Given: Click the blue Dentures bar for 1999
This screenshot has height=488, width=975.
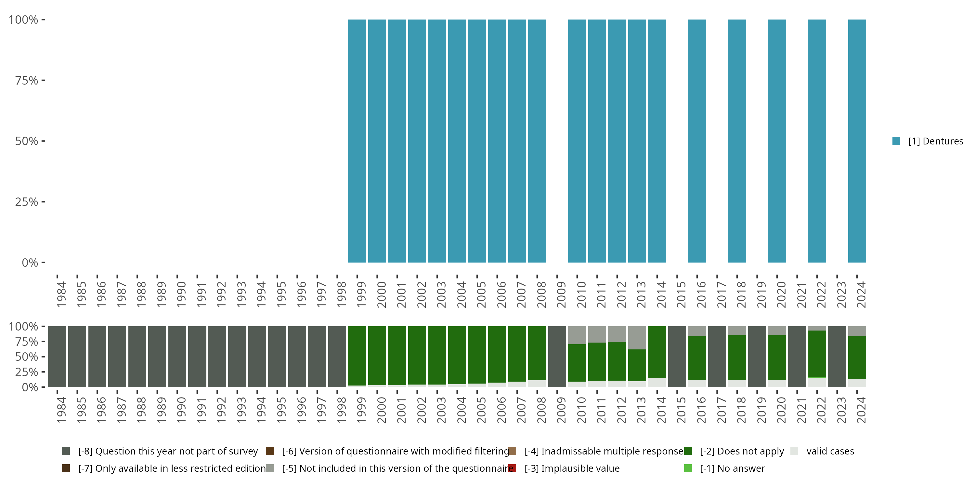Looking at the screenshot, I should tap(357, 141).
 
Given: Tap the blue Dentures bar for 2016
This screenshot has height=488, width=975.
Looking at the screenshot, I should tap(697, 141).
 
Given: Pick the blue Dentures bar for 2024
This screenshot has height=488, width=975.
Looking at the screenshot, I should tap(857, 141).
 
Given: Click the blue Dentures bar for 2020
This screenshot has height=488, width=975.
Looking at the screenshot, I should tap(777, 141).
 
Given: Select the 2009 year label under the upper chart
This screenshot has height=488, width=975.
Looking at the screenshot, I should tap(561, 294).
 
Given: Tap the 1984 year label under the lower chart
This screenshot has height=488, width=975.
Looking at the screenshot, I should tap(61, 410).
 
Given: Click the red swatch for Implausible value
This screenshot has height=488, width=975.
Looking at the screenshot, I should tap(513, 468).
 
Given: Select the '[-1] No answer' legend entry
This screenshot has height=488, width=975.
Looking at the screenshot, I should tap(732, 468).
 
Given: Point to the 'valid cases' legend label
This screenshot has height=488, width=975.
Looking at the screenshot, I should tap(830, 451).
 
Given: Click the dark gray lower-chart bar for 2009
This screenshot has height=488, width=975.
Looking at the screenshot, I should tap(557, 357).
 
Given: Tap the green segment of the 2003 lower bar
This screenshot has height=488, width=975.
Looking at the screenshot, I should tap(437, 355).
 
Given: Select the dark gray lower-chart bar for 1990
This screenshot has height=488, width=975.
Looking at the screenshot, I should tap(177, 357).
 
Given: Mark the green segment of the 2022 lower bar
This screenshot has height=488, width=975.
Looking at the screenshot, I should tap(817, 354).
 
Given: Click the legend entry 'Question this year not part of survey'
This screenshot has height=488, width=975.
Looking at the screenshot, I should tap(168, 451).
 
